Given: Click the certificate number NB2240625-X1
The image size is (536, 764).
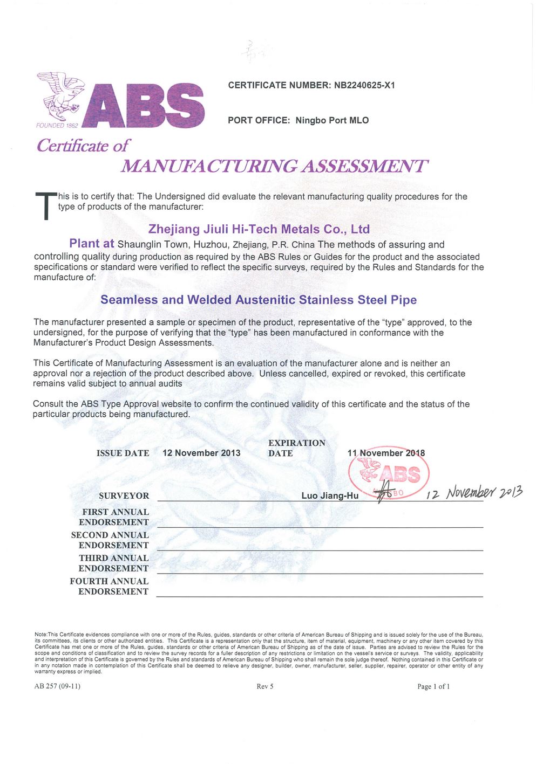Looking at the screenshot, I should click(364, 85).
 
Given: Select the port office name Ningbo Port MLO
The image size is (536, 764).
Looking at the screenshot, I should click(332, 120).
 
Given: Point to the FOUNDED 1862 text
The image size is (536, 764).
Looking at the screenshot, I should click(57, 126).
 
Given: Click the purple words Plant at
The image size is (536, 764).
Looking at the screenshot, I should click(92, 244).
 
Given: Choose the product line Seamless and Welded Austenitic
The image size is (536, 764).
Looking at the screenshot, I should click(259, 300).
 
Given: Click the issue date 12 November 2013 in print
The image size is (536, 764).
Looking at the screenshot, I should click(201, 453).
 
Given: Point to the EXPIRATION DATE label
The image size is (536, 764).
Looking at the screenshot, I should click(296, 448).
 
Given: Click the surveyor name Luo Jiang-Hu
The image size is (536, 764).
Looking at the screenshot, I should click(330, 495).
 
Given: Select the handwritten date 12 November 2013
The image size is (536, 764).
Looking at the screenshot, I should click(474, 493).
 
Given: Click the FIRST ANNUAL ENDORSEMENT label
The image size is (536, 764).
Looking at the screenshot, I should click(114, 517).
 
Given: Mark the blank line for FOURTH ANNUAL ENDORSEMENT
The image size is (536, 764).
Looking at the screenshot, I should click(320, 596).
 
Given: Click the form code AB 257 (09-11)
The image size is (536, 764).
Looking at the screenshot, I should click(57, 686).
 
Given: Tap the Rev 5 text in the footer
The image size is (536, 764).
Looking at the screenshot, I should click(265, 686).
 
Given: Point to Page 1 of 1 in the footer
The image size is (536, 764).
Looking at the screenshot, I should click(433, 686).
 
